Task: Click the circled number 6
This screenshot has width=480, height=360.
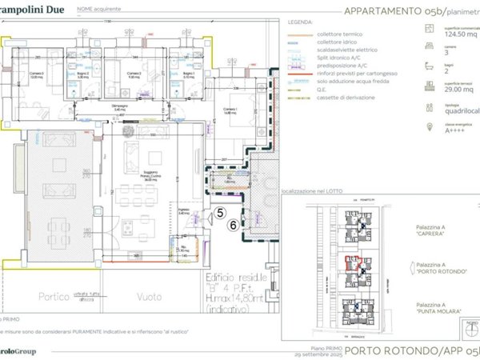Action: pyautogui.click(x=233, y=226)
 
